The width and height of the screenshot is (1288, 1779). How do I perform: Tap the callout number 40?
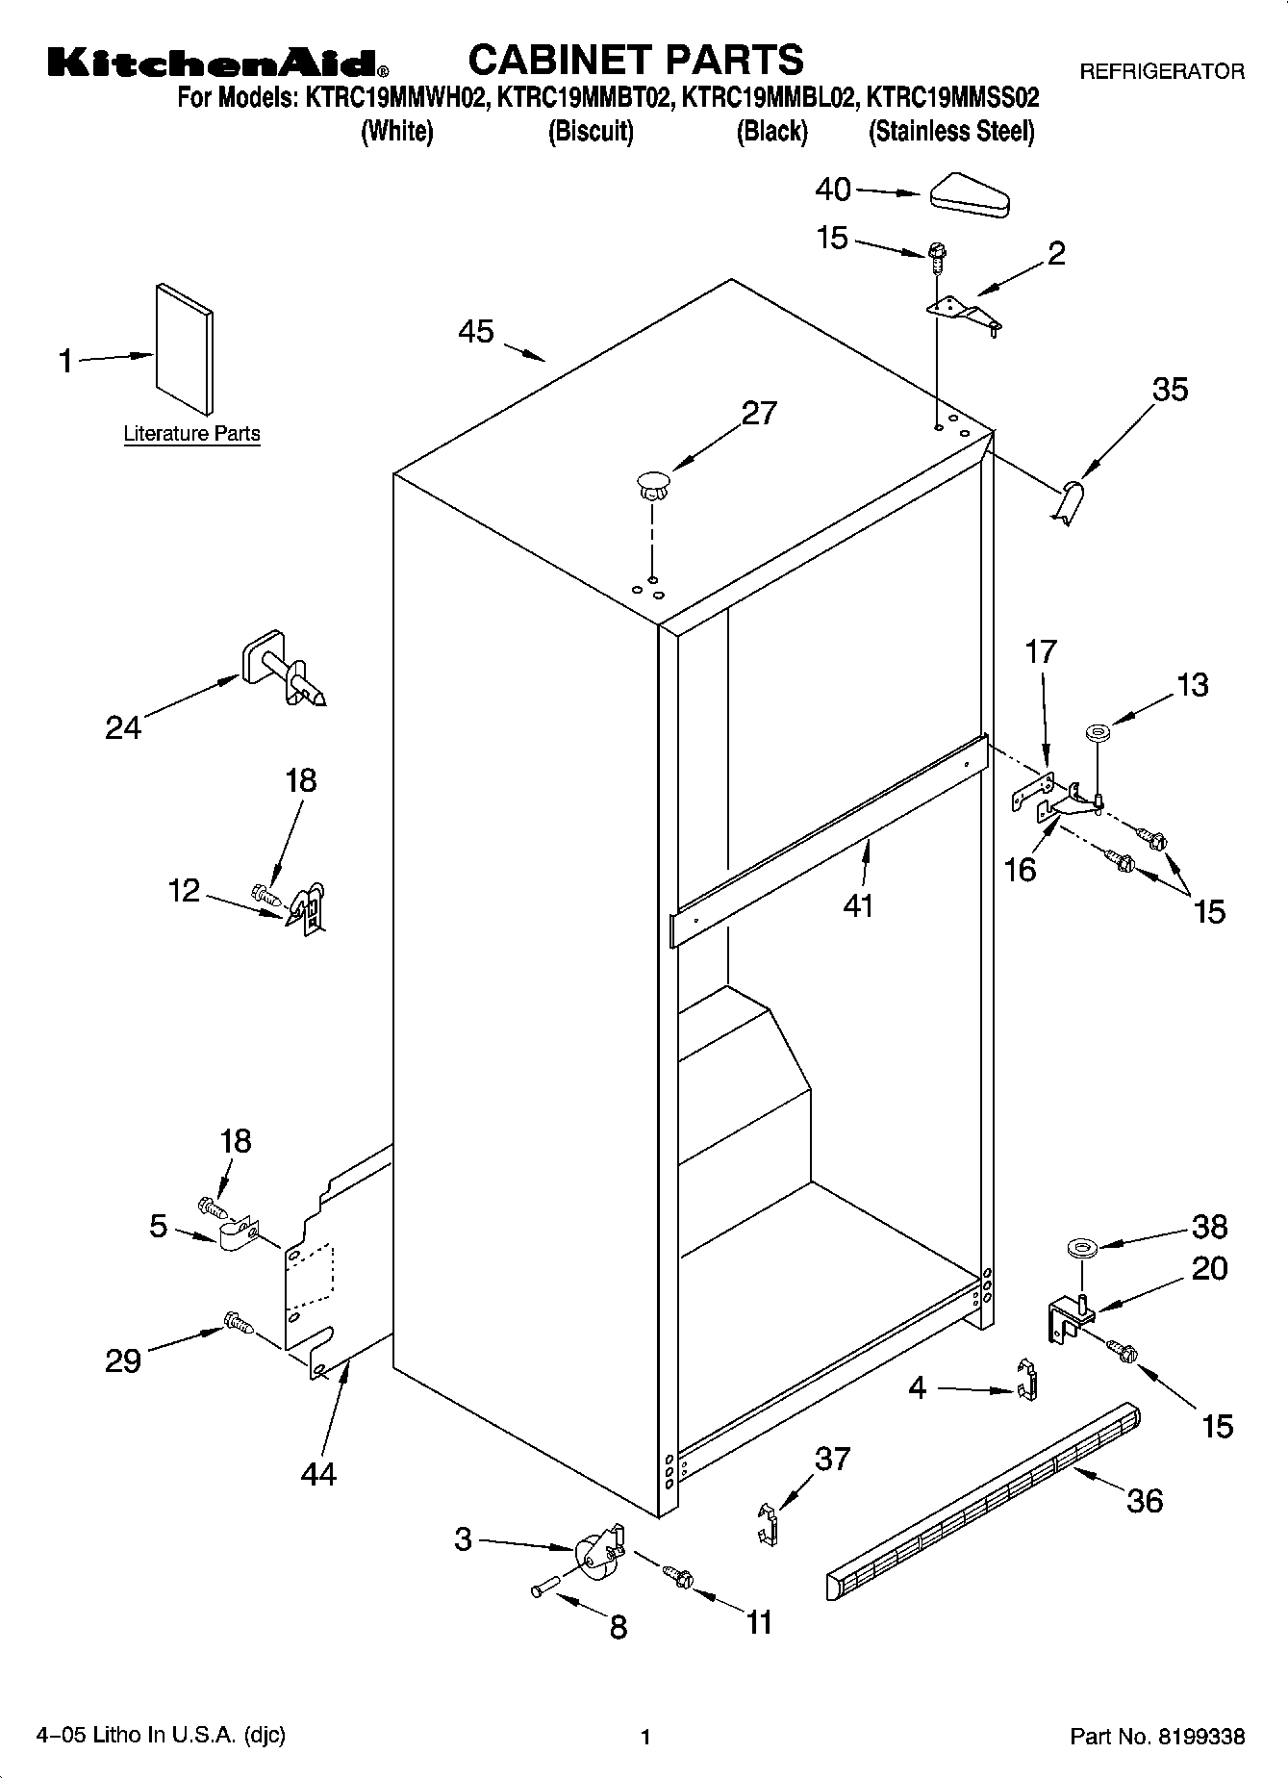pyautogui.click(x=833, y=190)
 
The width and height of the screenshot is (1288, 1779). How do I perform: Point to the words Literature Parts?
pyautogui.click(x=191, y=434)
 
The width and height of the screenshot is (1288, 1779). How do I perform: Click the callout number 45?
pyautogui.click(x=476, y=332)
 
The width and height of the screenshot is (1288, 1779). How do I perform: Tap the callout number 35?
pyautogui.click(x=1171, y=389)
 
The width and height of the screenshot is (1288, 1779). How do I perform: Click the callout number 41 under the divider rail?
pyautogui.click(x=857, y=905)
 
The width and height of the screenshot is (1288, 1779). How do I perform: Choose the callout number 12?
pyautogui.click(x=184, y=890)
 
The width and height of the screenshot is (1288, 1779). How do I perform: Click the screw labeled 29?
pyautogui.click(x=238, y=1325)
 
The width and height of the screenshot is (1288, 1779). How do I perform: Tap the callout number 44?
pyautogui.click(x=318, y=1473)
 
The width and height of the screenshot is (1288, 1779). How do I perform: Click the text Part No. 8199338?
pyautogui.click(x=1157, y=1737)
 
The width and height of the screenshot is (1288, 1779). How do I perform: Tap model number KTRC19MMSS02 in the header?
pyautogui.click(x=952, y=97)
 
